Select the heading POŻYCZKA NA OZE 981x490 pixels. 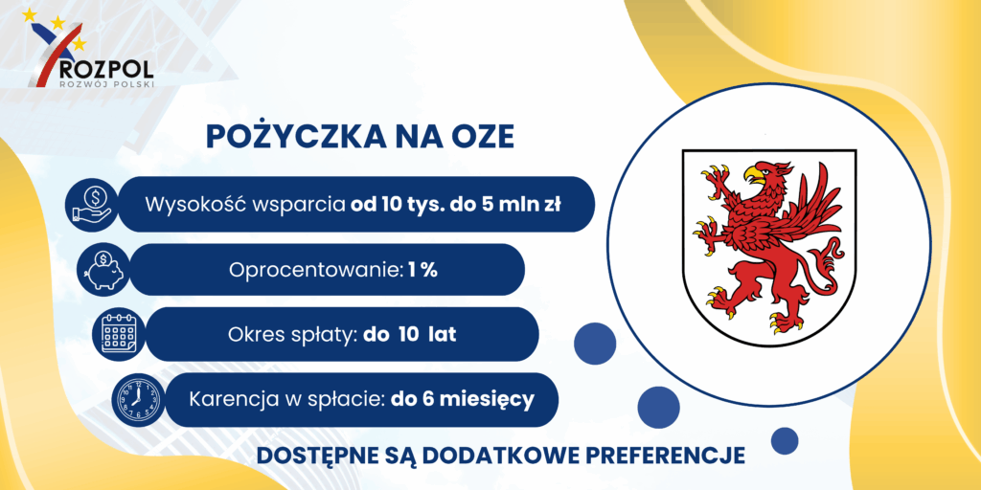click(360, 138)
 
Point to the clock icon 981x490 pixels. click(136, 399)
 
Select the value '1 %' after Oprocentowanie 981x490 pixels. click(422, 269)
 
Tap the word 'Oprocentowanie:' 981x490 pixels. click(316, 270)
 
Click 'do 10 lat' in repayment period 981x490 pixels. click(410, 334)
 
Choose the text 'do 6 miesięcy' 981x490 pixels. click(463, 399)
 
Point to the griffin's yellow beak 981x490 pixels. click(755, 173)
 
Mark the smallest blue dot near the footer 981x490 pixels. click(784, 440)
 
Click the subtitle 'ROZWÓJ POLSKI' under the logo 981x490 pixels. click(105, 82)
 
